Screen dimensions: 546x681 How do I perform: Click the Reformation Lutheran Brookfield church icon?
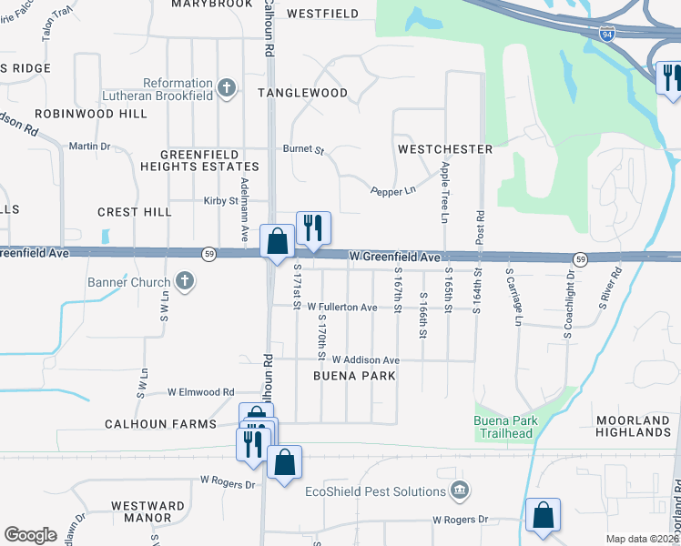click(x=228, y=88)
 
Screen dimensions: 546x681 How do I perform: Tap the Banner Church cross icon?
click(x=185, y=281)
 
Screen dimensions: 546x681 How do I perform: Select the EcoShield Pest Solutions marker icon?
click(x=459, y=491)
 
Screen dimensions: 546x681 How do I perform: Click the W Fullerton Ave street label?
click(x=342, y=308)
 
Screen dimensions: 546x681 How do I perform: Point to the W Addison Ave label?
click(x=365, y=360)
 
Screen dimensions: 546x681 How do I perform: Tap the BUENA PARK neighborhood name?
click(x=354, y=375)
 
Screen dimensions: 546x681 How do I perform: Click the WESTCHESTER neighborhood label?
click(x=445, y=148)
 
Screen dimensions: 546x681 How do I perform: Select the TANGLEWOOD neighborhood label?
click(x=302, y=93)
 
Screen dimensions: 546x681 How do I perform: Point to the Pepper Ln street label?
click(x=392, y=191)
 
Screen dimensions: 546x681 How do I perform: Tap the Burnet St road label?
click(x=303, y=148)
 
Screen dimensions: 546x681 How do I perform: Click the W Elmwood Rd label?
click(x=200, y=392)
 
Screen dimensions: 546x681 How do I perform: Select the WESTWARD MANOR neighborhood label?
click(x=141, y=511)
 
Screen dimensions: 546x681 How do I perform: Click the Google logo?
click(x=30, y=535)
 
